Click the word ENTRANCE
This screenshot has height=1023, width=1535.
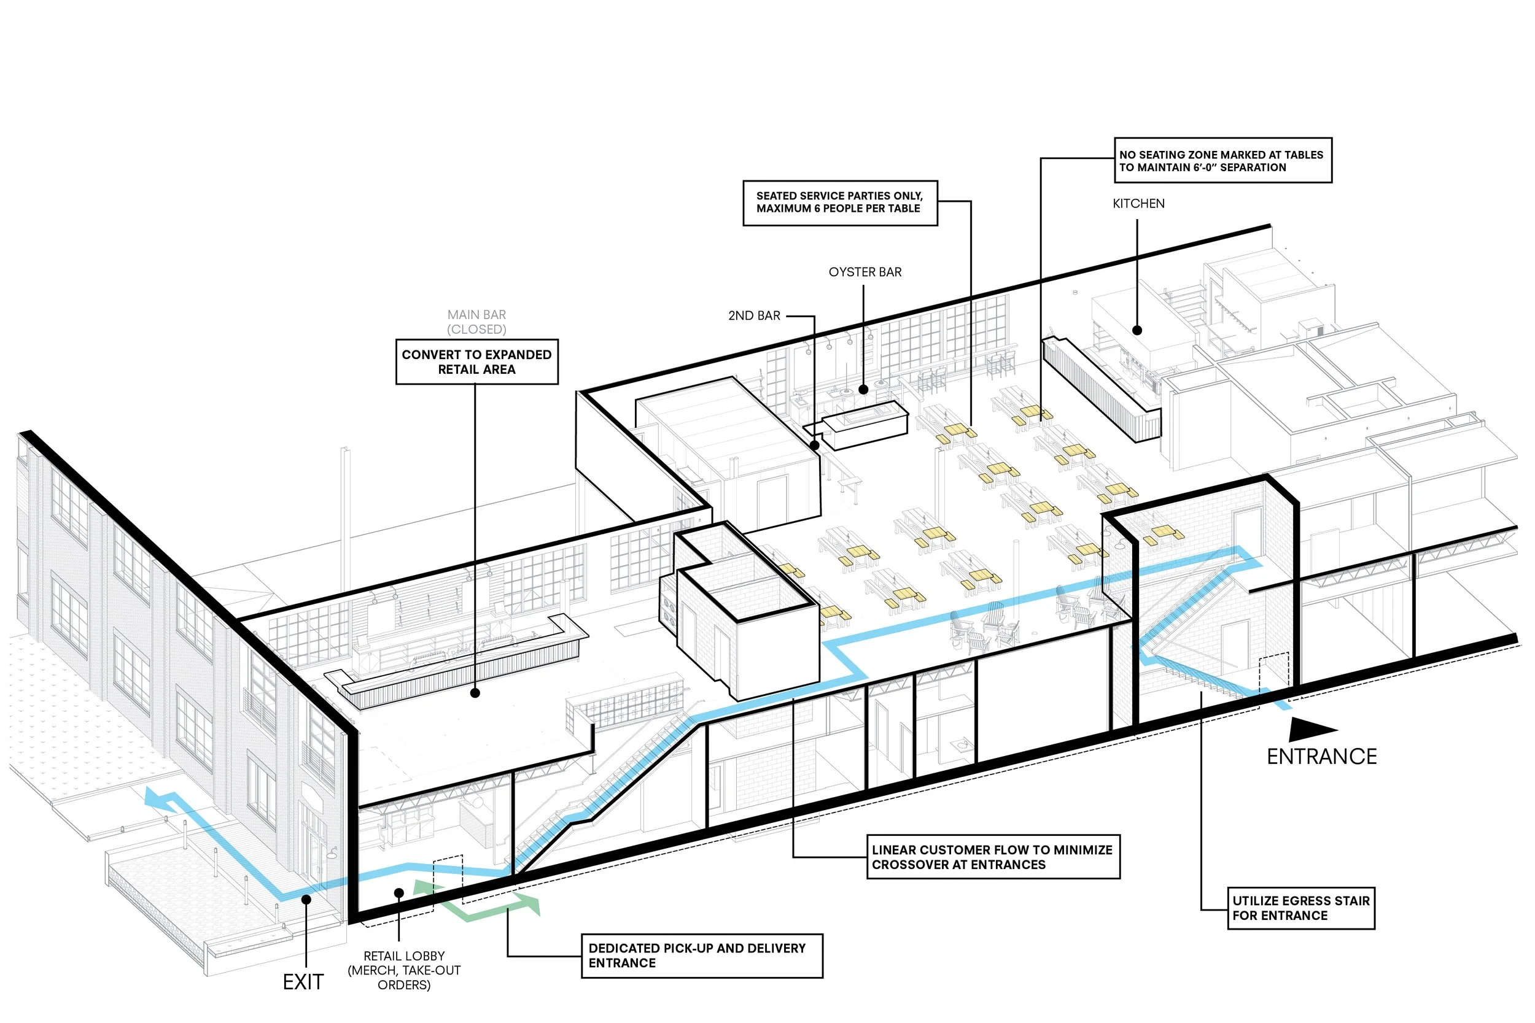click(x=1321, y=757)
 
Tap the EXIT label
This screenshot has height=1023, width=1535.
click(x=303, y=982)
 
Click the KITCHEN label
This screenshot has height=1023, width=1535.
click(x=1138, y=204)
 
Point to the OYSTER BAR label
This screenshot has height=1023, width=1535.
click(x=865, y=272)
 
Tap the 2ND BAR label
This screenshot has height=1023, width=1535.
click(x=754, y=316)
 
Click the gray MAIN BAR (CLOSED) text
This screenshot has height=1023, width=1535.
click(x=476, y=322)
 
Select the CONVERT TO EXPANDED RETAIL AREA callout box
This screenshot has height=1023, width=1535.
click(x=476, y=362)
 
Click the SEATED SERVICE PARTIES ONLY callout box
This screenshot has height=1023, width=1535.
click(x=840, y=203)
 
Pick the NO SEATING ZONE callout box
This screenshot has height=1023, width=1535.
click(x=1222, y=161)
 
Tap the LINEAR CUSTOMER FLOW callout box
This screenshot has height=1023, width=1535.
click(x=993, y=857)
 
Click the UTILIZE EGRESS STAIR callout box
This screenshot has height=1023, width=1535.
click(x=1300, y=908)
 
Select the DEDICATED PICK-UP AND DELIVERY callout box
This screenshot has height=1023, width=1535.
click(x=702, y=955)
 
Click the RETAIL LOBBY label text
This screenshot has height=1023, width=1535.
click(x=404, y=970)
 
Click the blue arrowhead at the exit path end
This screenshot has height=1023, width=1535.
click(x=154, y=797)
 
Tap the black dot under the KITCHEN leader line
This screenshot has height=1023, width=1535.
click(x=1137, y=330)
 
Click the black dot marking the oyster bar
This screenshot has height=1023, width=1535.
click(x=863, y=390)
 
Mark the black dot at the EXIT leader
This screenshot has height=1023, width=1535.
click(x=305, y=900)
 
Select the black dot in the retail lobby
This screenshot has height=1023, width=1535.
click(x=398, y=892)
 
